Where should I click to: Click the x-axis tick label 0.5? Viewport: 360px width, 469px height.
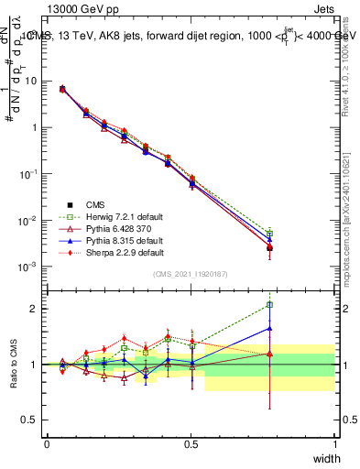click(x=191, y=443)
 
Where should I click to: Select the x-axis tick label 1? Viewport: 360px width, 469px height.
click(x=335, y=443)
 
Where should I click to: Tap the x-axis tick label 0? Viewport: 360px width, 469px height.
click(x=47, y=443)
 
